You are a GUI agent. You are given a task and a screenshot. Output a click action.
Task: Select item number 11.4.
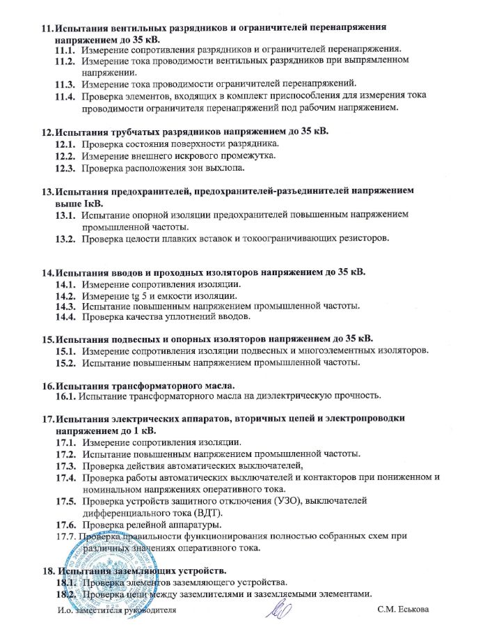pyautogui.click(x=65, y=96)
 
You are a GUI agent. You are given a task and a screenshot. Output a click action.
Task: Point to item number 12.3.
pyautogui.click(x=65, y=168)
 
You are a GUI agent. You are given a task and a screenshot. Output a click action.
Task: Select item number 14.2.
pyautogui.click(x=65, y=295)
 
